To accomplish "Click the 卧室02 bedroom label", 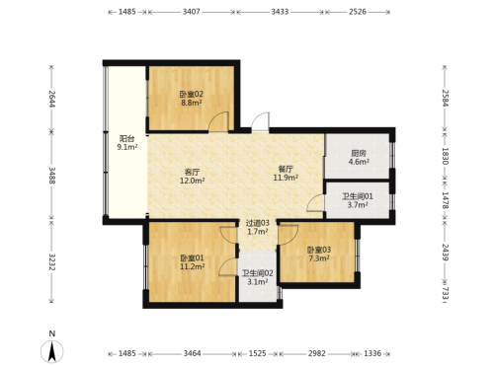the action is point(192,94).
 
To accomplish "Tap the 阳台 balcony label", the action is point(126,139).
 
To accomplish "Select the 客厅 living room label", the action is point(193,172).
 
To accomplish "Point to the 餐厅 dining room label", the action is point(286,170).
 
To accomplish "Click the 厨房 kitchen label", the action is point(359,154).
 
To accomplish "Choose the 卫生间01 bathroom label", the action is point(358,196).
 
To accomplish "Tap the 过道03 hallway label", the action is point(258,223).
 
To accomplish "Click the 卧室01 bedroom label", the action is point(192,258).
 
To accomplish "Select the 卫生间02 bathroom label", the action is point(258,273).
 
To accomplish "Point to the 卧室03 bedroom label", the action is point(319,250).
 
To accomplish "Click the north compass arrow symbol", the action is point(52,351).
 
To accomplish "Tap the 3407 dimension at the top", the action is point(192,12).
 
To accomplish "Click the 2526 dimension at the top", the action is point(358,12).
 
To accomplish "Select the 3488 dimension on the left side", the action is point(51,176).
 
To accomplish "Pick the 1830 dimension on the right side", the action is point(445,156).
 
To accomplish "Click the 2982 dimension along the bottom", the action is point(317,353).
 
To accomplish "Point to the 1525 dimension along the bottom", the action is point(257,353).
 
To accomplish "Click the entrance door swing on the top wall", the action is point(261,121).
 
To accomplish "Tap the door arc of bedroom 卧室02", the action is point(218,121).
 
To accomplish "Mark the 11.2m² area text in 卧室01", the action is point(192,266).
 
